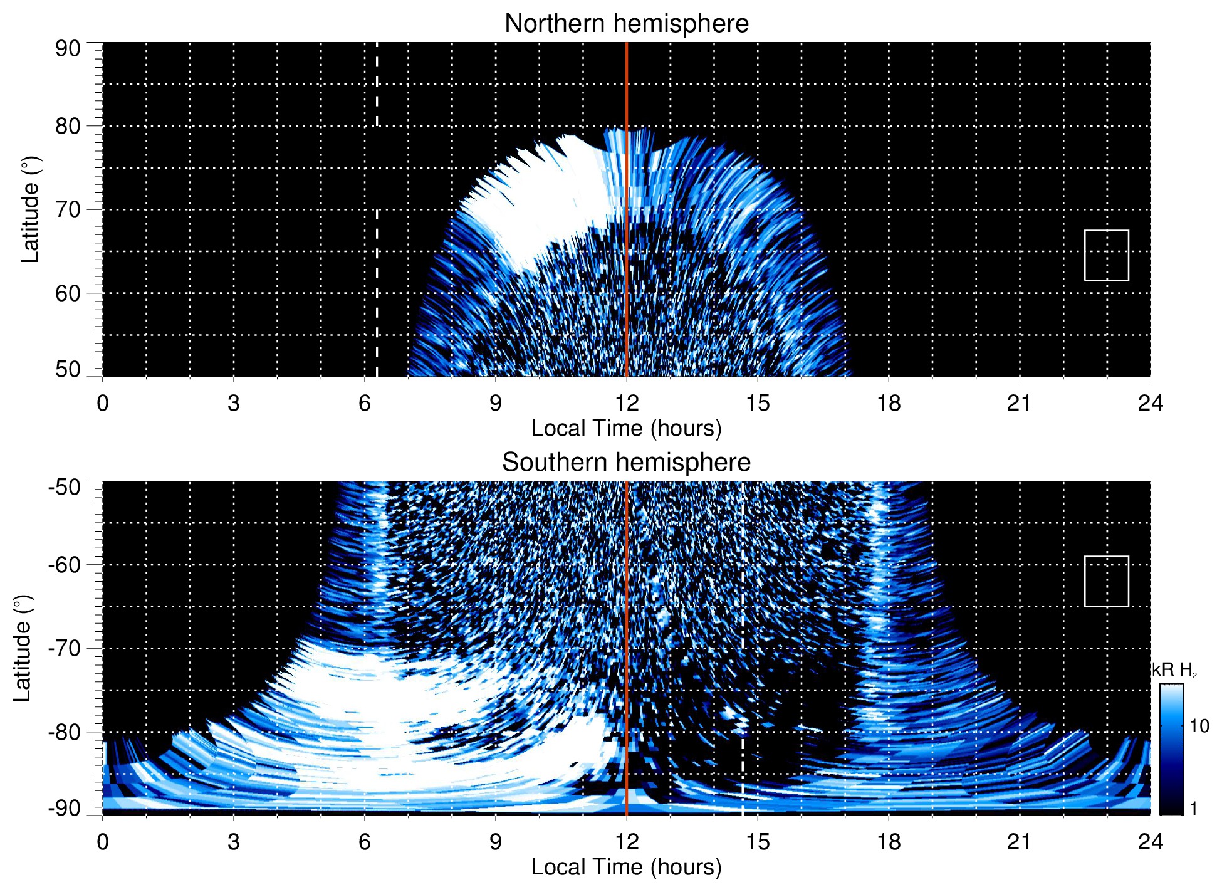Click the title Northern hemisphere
tap(626, 24)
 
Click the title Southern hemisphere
tap(626, 463)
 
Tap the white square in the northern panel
tap(1106, 255)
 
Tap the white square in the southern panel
tap(1106, 581)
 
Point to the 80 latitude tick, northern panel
tap(68, 126)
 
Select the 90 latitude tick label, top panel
tap(68, 48)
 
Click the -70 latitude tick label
tap(65, 648)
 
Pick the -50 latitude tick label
tap(65, 487)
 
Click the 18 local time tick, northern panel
tap(889, 403)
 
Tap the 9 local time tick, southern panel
tap(496, 842)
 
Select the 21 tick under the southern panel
tap(1020, 842)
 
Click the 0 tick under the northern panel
tap(103, 403)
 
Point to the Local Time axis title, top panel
tap(626, 428)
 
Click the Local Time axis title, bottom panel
tap(626, 867)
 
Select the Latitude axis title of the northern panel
tap(30, 209)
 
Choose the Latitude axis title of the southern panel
tap(23, 648)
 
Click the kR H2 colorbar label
tap(1174, 670)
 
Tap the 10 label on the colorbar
tap(1199, 726)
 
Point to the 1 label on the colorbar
tap(1193, 809)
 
